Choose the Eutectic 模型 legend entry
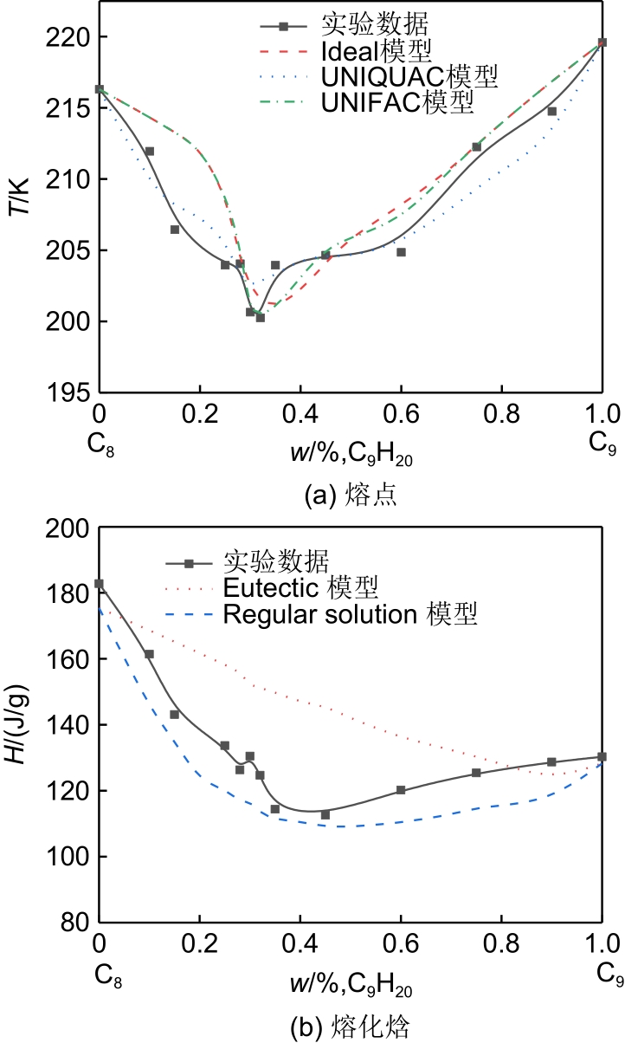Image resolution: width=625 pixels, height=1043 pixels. (300, 589)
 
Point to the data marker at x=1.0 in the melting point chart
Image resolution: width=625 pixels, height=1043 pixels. (602, 42)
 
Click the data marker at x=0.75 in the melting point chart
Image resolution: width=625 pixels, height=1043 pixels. (476, 146)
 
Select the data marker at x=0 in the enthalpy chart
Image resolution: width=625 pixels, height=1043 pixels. (100, 584)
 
